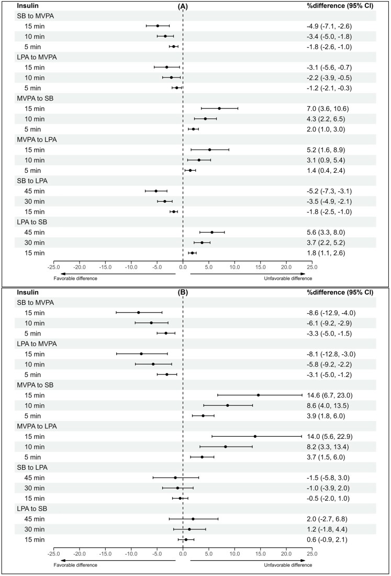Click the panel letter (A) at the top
tap(183, 6)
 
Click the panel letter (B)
tap(183, 293)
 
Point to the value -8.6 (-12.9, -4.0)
tap(331, 313)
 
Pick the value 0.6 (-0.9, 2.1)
tap(327, 540)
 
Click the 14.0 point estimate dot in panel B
tap(255, 436)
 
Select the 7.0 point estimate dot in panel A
tap(219, 108)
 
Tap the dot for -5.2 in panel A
tap(156, 191)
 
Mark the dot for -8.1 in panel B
tap(141, 354)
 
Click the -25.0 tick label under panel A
tap(54, 267)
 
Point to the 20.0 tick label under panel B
tap(286, 553)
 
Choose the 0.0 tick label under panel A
tap(183, 267)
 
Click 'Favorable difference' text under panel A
tap(75, 279)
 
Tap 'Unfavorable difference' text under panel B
tap(288, 565)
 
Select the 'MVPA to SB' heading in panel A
tap(35, 98)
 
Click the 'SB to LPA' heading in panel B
tap(32, 468)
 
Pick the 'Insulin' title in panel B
tap(28, 292)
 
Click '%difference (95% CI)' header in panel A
tap(340, 6)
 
